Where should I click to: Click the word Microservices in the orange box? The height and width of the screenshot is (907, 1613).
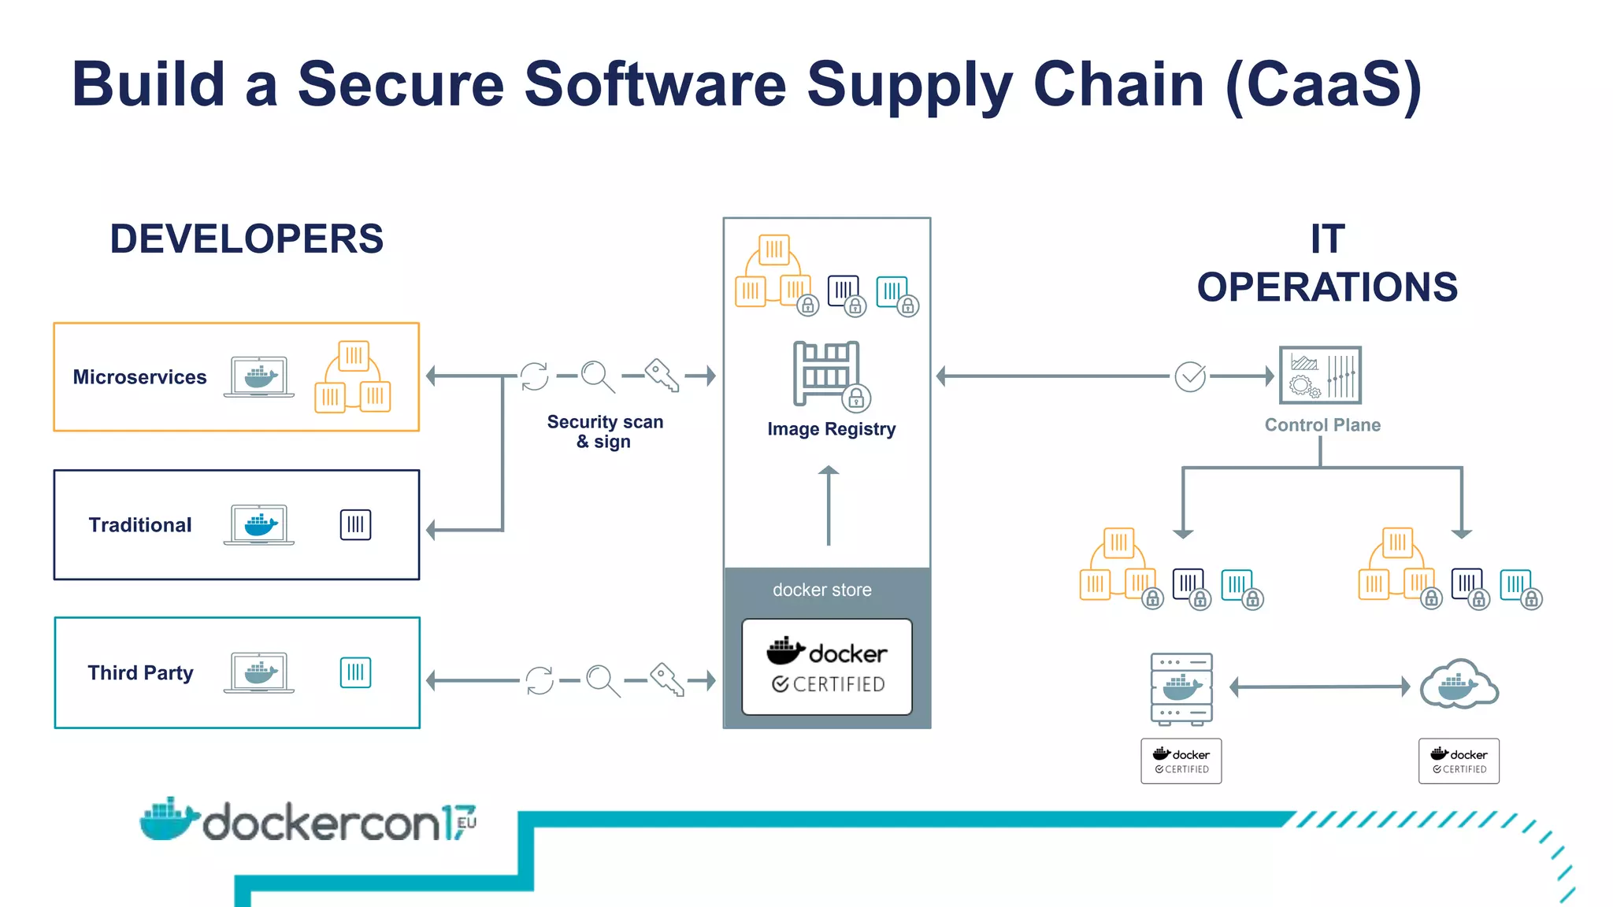click(139, 377)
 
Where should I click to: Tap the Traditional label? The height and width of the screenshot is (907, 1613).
click(140, 525)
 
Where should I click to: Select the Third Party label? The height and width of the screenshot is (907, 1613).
click(140, 673)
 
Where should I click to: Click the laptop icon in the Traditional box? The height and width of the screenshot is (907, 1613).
click(259, 525)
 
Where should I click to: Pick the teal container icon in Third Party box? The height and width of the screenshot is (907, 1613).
click(355, 673)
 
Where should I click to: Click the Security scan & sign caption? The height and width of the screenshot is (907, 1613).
click(605, 431)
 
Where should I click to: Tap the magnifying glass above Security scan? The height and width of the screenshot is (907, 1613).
click(597, 376)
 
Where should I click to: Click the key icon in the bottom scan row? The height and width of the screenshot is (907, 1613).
click(667, 680)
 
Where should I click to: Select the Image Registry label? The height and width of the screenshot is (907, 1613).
click(831, 429)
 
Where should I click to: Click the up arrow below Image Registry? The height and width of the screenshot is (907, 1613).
click(829, 505)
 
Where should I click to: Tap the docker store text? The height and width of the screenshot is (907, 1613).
click(821, 590)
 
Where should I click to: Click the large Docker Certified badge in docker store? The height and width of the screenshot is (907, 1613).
click(827, 667)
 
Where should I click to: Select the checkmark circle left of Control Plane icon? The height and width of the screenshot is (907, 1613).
click(1190, 376)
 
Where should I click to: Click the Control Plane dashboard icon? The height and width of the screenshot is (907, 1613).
click(1320, 375)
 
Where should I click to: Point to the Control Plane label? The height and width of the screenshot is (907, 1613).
click(1322, 425)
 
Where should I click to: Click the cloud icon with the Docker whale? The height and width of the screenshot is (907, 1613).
click(1459, 685)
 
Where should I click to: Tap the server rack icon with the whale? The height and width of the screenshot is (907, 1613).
click(1181, 688)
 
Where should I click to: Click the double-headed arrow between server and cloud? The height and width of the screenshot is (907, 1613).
click(1319, 687)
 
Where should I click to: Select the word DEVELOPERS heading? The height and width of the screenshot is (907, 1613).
click(247, 239)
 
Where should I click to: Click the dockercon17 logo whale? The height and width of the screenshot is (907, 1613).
click(168, 820)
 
